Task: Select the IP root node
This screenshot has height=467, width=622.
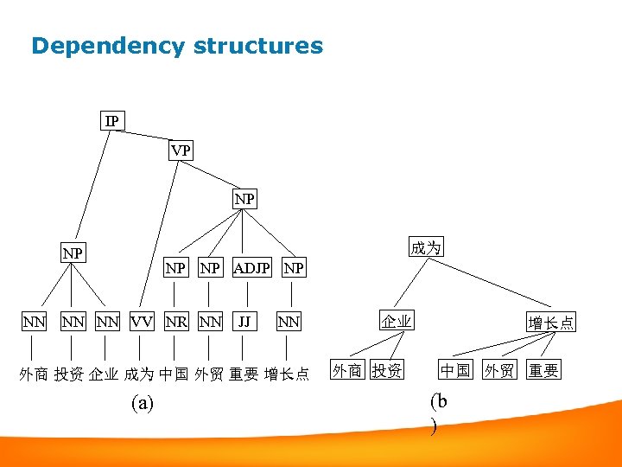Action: coord(112,119)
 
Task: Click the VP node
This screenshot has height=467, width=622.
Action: coord(181,150)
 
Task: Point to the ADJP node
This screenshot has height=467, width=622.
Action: coord(252,268)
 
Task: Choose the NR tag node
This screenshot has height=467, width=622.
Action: coord(176,322)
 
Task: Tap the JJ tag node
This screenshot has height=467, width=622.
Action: coord(244,322)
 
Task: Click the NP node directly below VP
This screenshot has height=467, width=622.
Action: coord(244,199)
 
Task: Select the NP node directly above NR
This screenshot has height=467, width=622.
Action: coord(175,268)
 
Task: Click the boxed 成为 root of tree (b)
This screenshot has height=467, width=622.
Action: coord(426,248)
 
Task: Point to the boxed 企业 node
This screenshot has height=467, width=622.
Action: coord(397,322)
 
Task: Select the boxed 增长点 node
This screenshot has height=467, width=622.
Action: coord(551,323)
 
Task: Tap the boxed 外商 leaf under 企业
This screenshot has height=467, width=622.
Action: coord(348,371)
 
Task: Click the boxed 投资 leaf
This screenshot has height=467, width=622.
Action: coord(387,371)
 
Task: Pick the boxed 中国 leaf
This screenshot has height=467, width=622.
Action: coord(455,371)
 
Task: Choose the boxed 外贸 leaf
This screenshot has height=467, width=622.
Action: coord(498,371)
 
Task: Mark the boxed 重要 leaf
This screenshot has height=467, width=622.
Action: coord(544,371)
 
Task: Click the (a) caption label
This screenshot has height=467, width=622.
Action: coord(143,402)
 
